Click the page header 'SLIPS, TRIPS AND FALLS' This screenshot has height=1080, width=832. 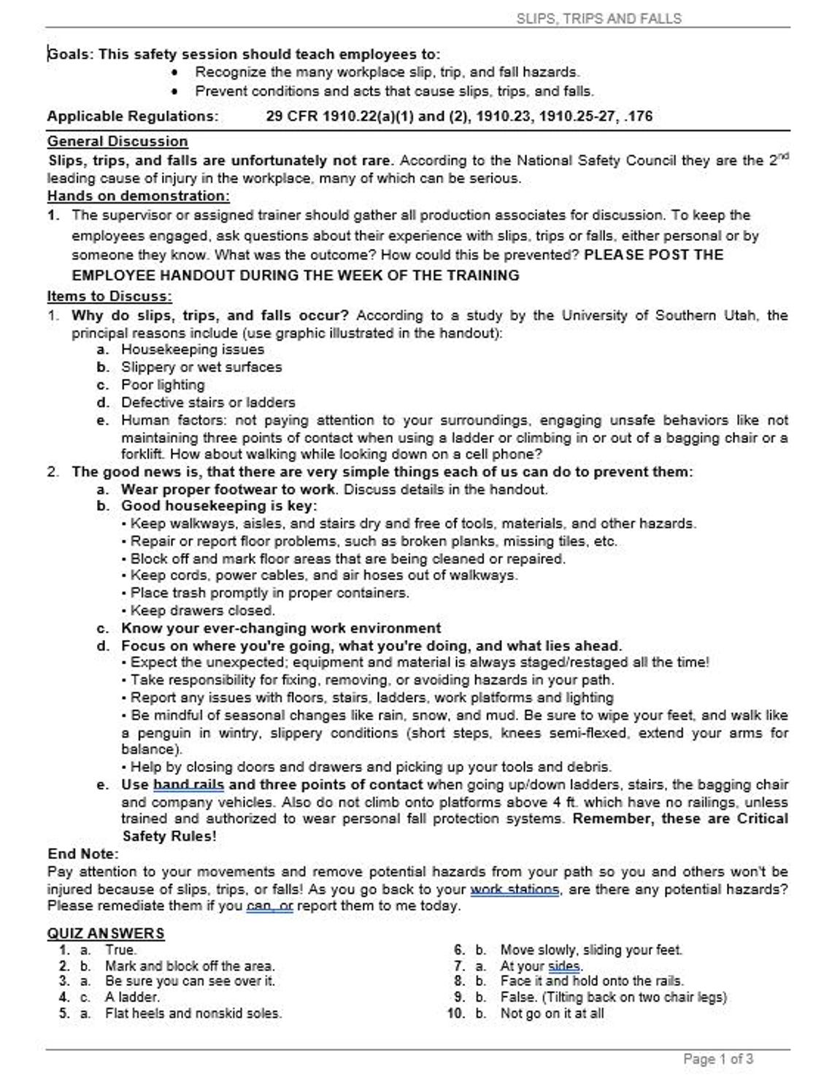click(x=598, y=18)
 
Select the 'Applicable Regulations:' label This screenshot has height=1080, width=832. click(x=132, y=116)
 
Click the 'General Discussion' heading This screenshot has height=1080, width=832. click(x=118, y=142)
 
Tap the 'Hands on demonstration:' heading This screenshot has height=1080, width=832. click(x=138, y=196)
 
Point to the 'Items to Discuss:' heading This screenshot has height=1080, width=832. click(x=109, y=296)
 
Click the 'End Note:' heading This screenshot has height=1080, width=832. click(x=82, y=854)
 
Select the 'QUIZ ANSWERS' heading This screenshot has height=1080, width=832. click(x=106, y=933)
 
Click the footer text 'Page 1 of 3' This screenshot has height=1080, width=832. click(x=718, y=1059)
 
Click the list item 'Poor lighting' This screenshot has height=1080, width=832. click(x=163, y=385)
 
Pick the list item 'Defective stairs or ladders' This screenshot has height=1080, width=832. click(x=208, y=402)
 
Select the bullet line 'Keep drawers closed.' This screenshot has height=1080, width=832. click(x=202, y=611)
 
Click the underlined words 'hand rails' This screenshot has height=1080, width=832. click(x=188, y=785)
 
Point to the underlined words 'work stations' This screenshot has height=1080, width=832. click(x=515, y=890)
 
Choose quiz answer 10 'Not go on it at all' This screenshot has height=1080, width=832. click(x=552, y=1013)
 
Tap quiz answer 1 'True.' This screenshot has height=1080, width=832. click(x=120, y=950)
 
